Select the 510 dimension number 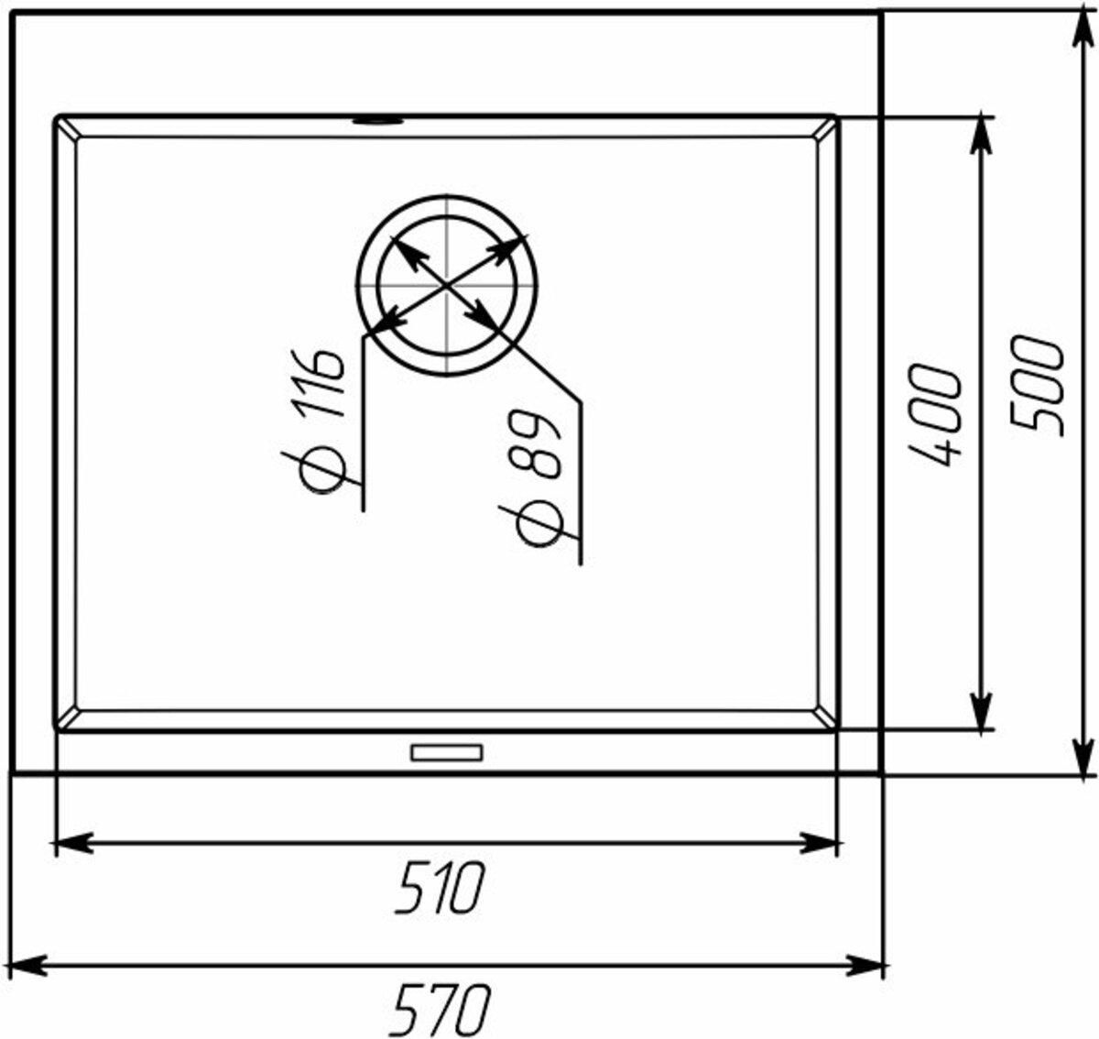pos(440,895)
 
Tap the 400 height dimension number pos(935,416)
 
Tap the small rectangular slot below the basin pos(446,753)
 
